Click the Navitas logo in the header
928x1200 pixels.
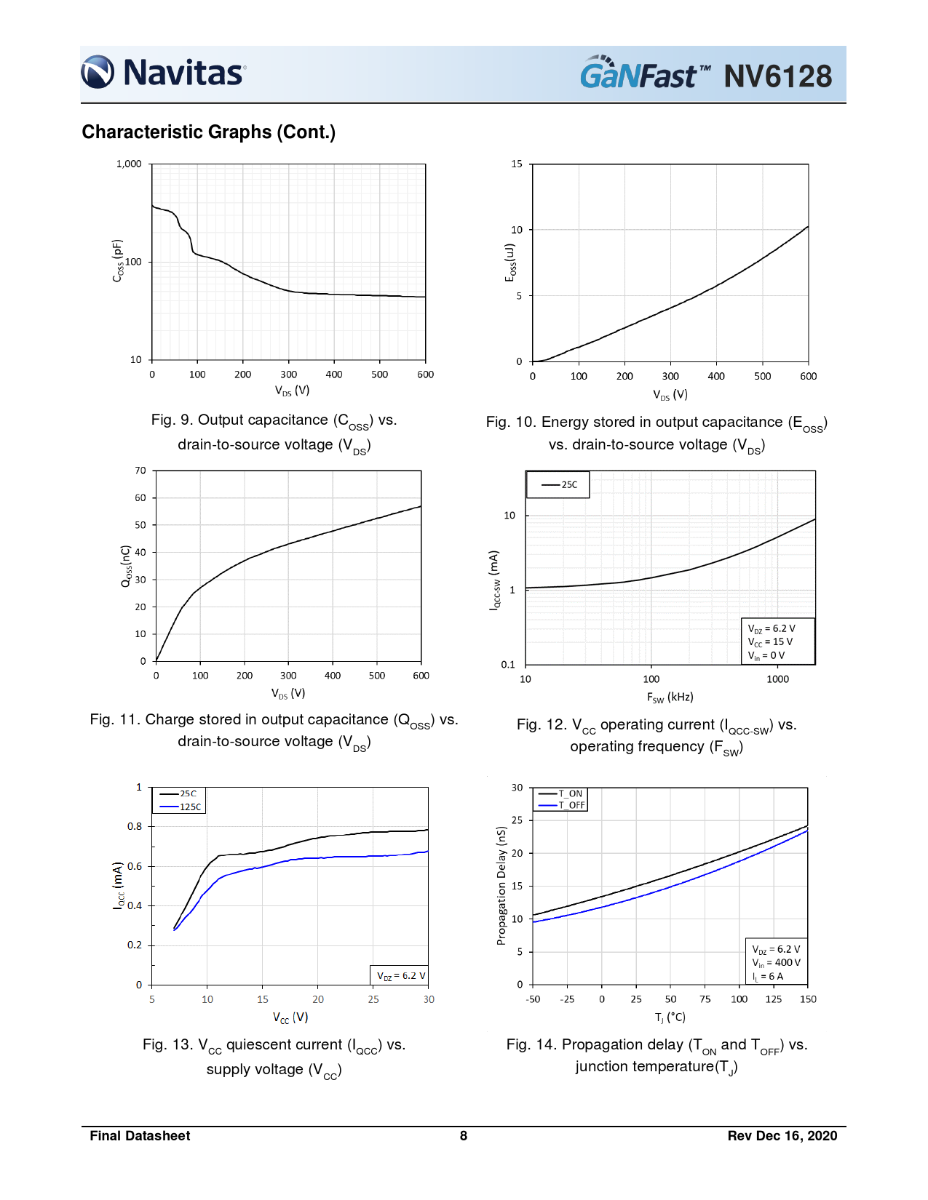tap(164, 73)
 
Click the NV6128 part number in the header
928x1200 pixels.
tap(777, 76)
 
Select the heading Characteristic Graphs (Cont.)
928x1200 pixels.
tap(208, 132)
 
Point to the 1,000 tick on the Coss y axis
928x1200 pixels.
tap(129, 164)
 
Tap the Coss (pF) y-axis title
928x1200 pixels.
tap(118, 260)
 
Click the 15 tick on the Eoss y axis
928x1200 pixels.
tap(517, 164)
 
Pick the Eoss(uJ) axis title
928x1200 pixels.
tap(510, 263)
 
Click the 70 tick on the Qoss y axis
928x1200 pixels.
tap(140, 471)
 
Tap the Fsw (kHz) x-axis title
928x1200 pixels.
tap(670, 697)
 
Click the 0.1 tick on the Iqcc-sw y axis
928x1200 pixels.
tap(508, 664)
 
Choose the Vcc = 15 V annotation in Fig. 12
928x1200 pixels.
tap(770, 641)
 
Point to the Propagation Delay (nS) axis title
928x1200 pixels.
tap(501, 885)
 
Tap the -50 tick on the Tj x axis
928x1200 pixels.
tap(533, 999)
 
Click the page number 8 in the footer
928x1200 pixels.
tap(464, 1136)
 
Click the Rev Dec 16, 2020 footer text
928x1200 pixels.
tap(782, 1136)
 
